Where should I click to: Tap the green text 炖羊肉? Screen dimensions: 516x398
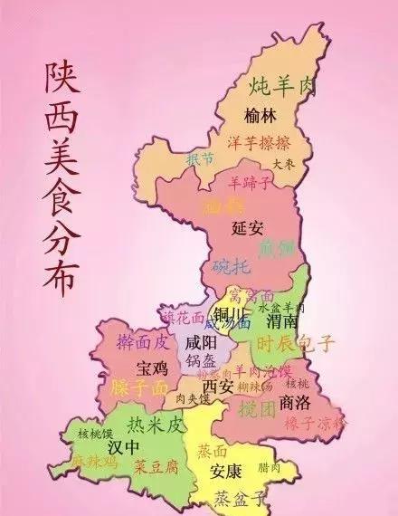point(283,87)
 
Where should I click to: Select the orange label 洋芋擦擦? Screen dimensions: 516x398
point(258,144)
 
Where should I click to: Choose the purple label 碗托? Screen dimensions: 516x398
point(230,265)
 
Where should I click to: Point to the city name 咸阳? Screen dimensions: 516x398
point(200,343)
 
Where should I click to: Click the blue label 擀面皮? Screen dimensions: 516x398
point(144,341)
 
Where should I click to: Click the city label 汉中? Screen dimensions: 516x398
point(124,448)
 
